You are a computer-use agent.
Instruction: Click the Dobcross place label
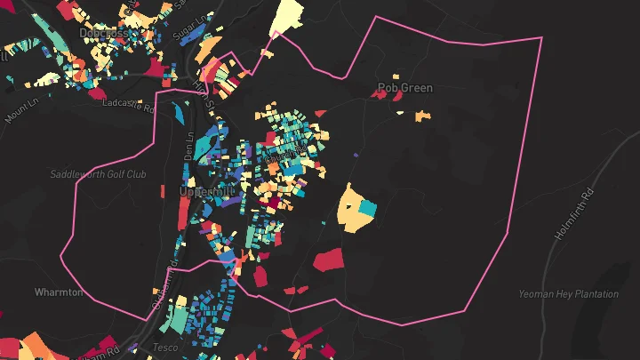click(x=104, y=33)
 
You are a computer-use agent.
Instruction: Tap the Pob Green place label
click(x=404, y=88)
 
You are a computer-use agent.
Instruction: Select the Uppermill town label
click(x=205, y=191)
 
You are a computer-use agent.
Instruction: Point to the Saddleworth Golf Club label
click(x=98, y=174)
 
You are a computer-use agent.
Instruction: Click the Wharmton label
click(x=59, y=292)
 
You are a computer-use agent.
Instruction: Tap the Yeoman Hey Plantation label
click(x=569, y=294)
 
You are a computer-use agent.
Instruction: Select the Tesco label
click(x=164, y=346)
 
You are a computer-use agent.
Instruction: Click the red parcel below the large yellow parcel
click(x=328, y=260)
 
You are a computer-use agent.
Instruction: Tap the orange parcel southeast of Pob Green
click(x=420, y=115)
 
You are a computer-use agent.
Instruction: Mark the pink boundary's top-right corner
click(x=540, y=38)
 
